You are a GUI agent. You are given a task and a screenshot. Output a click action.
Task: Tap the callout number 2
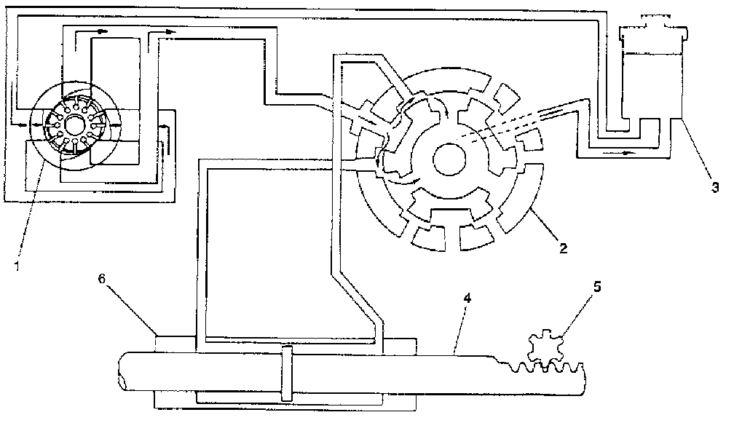click(x=562, y=248)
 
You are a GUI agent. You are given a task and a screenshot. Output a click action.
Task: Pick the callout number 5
click(x=598, y=286)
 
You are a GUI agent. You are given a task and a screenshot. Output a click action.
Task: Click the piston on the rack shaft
click(x=286, y=372)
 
